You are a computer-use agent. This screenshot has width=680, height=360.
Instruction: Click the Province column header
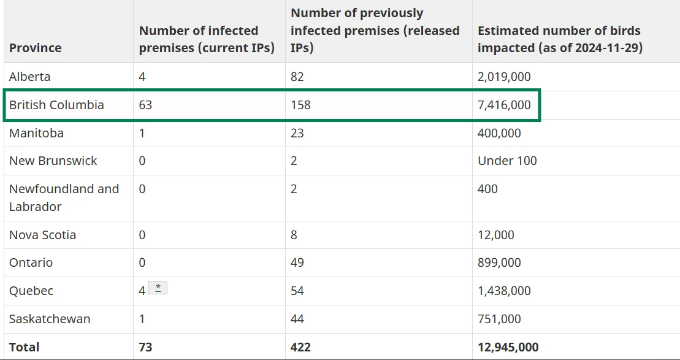click(x=35, y=47)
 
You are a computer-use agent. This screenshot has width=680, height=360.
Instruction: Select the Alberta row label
click(x=29, y=77)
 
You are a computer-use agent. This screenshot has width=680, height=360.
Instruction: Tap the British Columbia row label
click(x=56, y=105)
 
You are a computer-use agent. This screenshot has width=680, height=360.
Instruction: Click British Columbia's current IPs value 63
click(x=145, y=105)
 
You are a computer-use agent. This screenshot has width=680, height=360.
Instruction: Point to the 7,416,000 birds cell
click(x=504, y=105)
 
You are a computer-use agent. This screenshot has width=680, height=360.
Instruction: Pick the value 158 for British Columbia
click(x=300, y=105)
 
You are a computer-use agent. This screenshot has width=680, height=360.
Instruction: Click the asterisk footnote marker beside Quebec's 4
click(x=158, y=288)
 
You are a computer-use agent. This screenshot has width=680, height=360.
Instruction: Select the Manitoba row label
click(x=36, y=132)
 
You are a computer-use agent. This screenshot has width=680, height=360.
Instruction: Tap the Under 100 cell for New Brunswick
click(x=507, y=161)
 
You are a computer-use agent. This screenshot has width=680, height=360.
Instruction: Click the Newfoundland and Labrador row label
click(x=64, y=197)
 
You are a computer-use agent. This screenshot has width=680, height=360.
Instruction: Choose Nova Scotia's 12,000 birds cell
click(x=495, y=235)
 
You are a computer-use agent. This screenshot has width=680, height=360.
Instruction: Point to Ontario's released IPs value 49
click(x=297, y=263)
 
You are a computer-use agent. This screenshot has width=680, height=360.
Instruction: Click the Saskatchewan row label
click(x=50, y=319)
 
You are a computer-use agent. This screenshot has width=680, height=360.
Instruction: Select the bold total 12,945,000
click(x=508, y=347)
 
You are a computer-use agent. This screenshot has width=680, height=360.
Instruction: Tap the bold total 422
click(x=300, y=347)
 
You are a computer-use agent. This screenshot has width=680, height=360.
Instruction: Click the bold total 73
click(x=146, y=347)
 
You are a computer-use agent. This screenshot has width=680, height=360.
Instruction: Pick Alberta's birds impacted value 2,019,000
click(x=504, y=77)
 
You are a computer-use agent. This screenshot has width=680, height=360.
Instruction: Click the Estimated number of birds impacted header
click(x=560, y=39)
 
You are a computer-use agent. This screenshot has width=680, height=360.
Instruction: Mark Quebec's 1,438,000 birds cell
click(x=504, y=291)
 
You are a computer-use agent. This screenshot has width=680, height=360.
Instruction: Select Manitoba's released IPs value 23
click(x=297, y=132)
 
